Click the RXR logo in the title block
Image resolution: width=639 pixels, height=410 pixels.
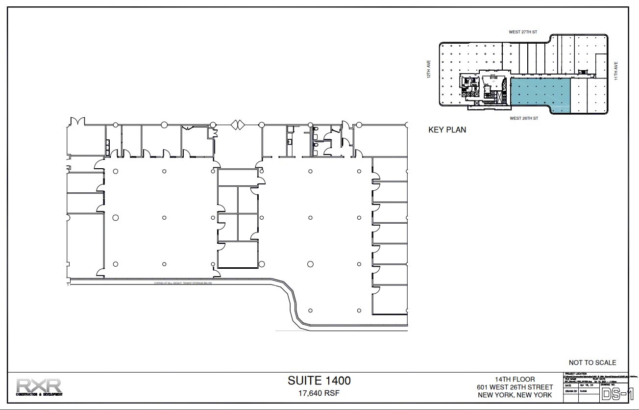39,386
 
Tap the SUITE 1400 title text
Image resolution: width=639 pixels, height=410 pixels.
319,381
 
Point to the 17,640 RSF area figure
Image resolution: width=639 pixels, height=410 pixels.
319,393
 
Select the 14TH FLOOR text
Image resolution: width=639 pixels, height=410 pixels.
515,379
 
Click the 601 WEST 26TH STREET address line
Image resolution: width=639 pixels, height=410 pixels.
515,387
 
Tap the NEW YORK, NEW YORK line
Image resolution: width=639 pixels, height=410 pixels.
515,395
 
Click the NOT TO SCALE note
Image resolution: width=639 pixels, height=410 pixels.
592,362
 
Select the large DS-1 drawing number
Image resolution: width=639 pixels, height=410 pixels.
614,393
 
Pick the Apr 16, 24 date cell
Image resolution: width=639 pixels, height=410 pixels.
586,385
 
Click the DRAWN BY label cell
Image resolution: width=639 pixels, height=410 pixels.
571,391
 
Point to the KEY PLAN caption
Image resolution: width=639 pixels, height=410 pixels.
447,130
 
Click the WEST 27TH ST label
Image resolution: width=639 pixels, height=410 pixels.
523,32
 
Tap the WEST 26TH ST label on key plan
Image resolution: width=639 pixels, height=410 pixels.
524,118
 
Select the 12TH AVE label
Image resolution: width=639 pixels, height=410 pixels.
428,69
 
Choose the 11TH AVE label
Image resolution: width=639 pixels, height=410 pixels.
616,71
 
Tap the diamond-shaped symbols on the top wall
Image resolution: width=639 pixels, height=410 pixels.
238,125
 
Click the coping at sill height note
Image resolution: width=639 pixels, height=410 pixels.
183,283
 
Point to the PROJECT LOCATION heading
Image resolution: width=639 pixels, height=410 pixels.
576,374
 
